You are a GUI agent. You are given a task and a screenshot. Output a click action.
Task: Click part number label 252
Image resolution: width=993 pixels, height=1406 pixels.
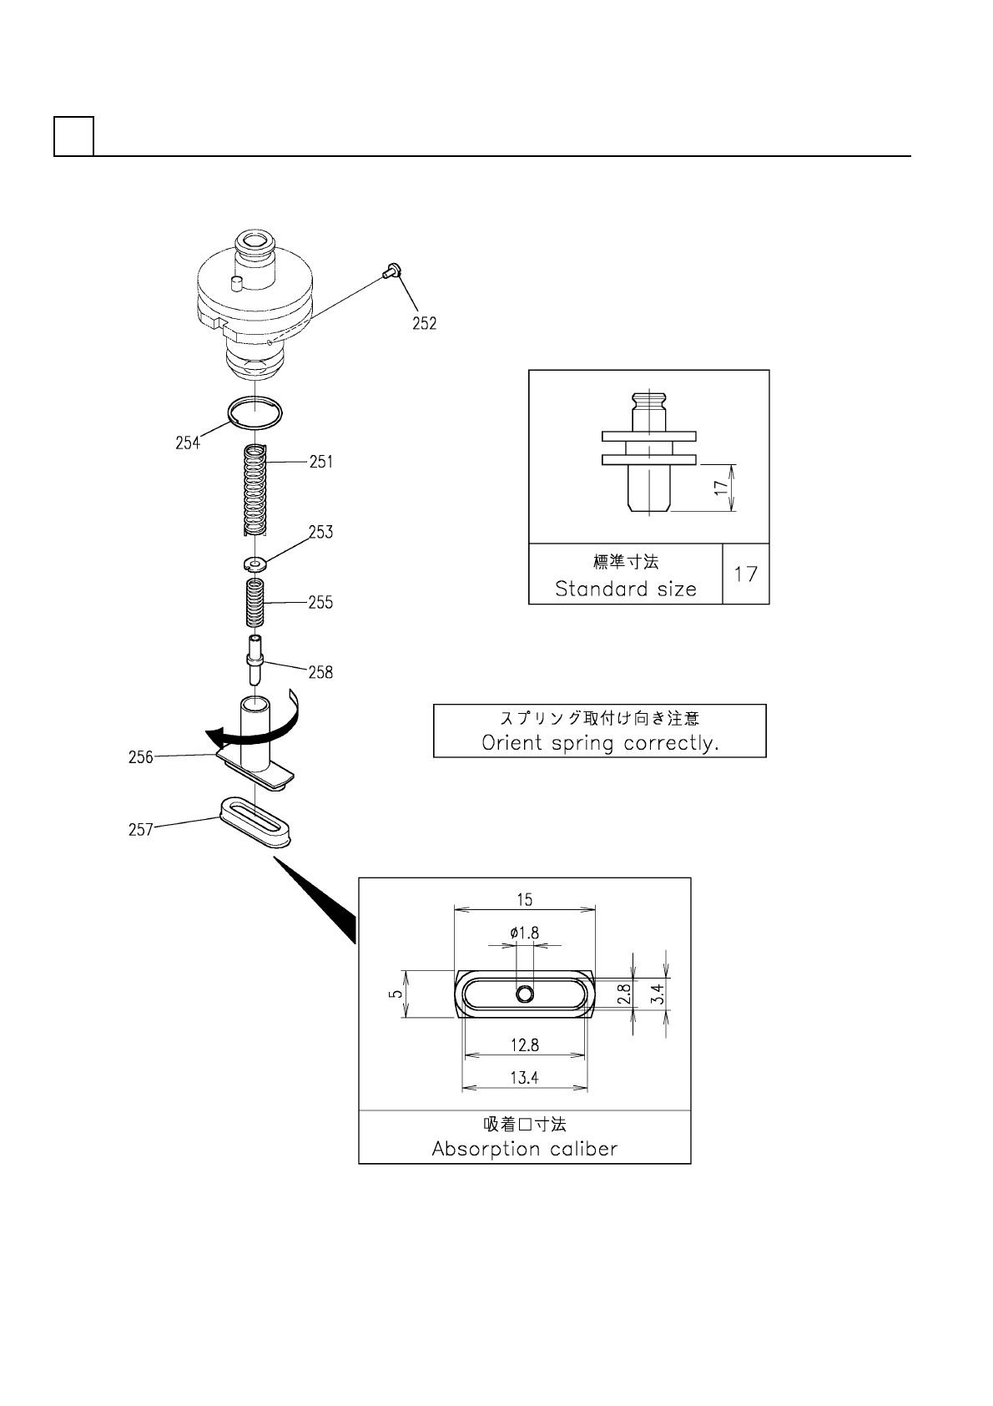click(424, 324)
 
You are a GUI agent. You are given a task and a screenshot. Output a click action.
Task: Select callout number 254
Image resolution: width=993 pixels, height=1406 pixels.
click(188, 443)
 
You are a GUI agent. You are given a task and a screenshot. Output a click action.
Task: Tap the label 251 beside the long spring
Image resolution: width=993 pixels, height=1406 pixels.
click(321, 462)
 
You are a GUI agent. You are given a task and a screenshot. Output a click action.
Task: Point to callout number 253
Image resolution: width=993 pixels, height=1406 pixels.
click(320, 533)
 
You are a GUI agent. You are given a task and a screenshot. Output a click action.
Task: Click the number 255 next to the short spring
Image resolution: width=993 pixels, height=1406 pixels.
click(320, 603)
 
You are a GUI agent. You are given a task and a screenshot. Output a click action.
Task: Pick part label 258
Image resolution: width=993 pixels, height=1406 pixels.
click(320, 672)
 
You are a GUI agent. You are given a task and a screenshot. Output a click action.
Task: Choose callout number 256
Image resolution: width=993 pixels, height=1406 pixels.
click(140, 757)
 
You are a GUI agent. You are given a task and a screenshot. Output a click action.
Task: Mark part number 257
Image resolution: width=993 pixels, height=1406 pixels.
click(140, 830)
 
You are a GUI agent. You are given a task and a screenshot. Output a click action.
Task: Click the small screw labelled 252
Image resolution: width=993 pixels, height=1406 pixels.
click(391, 270)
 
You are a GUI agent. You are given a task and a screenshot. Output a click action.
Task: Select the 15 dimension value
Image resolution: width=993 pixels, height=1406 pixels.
click(524, 900)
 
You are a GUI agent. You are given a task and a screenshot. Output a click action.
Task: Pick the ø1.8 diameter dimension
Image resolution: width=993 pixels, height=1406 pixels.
click(524, 933)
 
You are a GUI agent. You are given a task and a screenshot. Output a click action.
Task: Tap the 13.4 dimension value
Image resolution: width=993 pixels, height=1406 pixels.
click(524, 1078)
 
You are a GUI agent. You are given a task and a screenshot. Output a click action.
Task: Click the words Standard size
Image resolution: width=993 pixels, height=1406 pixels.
click(626, 589)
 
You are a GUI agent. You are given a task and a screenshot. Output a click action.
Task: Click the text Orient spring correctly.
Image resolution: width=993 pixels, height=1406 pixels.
click(600, 743)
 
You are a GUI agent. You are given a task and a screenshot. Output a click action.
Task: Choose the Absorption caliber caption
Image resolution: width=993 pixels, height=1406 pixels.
click(525, 1149)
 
